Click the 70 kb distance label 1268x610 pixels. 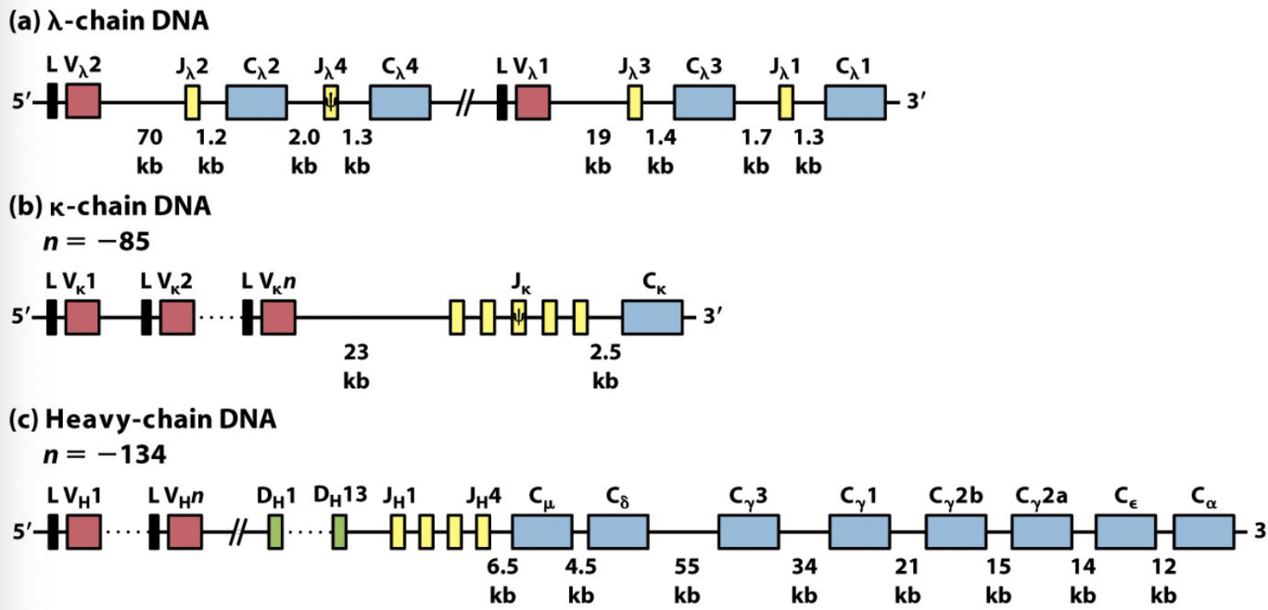149,152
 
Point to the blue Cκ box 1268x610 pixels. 653,317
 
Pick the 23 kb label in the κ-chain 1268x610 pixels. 357,365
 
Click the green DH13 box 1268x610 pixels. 339,533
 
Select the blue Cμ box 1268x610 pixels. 542,533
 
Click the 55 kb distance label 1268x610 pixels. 686,579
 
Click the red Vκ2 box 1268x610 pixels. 177,317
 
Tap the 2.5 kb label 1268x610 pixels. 605,365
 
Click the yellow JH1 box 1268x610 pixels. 399,533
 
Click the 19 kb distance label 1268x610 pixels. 598,152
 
